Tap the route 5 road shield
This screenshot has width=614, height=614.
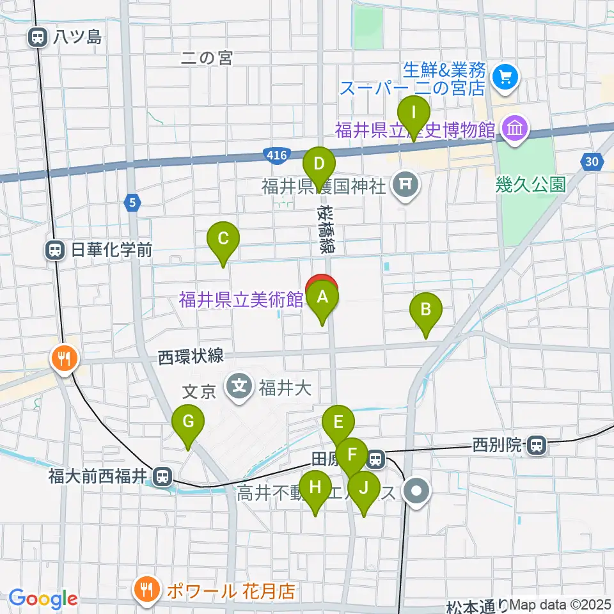132,203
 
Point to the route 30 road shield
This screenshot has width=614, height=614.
592,162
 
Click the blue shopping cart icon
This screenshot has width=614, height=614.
505,78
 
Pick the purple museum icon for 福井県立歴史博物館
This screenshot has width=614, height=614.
515,129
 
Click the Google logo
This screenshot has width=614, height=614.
43,599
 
